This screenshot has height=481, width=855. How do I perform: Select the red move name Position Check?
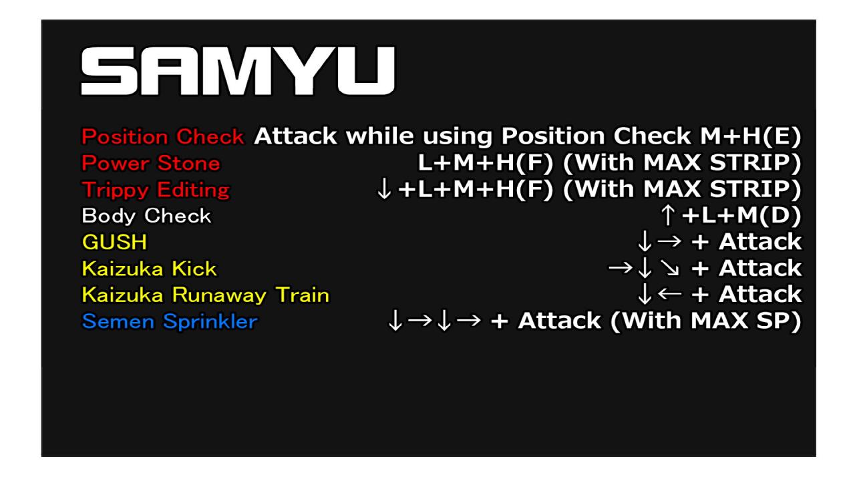coord(162,138)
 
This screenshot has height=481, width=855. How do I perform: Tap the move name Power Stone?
coord(150,164)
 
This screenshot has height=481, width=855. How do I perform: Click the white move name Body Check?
coord(146,216)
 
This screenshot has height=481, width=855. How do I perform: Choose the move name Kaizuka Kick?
coord(149,269)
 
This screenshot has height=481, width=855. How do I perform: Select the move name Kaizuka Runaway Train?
coord(205,295)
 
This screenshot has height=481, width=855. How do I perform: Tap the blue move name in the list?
coord(169,321)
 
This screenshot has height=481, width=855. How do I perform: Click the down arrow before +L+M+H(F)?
coord(384,190)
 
